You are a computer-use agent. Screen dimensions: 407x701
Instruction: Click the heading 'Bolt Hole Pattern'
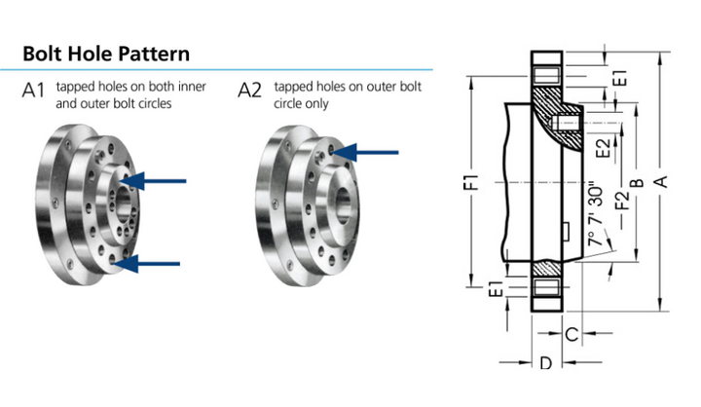coord(106,53)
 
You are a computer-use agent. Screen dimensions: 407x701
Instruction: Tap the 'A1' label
coord(34,92)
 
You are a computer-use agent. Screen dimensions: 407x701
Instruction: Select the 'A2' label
coord(250,92)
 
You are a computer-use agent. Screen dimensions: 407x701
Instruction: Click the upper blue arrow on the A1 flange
coord(155,180)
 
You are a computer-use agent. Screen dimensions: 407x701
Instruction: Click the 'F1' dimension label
coord(473,182)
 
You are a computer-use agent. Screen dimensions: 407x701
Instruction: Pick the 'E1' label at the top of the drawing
coord(619,78)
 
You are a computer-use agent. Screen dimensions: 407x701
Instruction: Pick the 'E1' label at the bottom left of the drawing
coord(497,288)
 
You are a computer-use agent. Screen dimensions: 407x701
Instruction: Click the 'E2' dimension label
coord(604,149)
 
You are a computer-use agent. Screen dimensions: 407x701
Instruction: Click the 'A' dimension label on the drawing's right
coord(662,182)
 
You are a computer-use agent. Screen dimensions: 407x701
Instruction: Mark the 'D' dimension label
coord(545,363)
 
